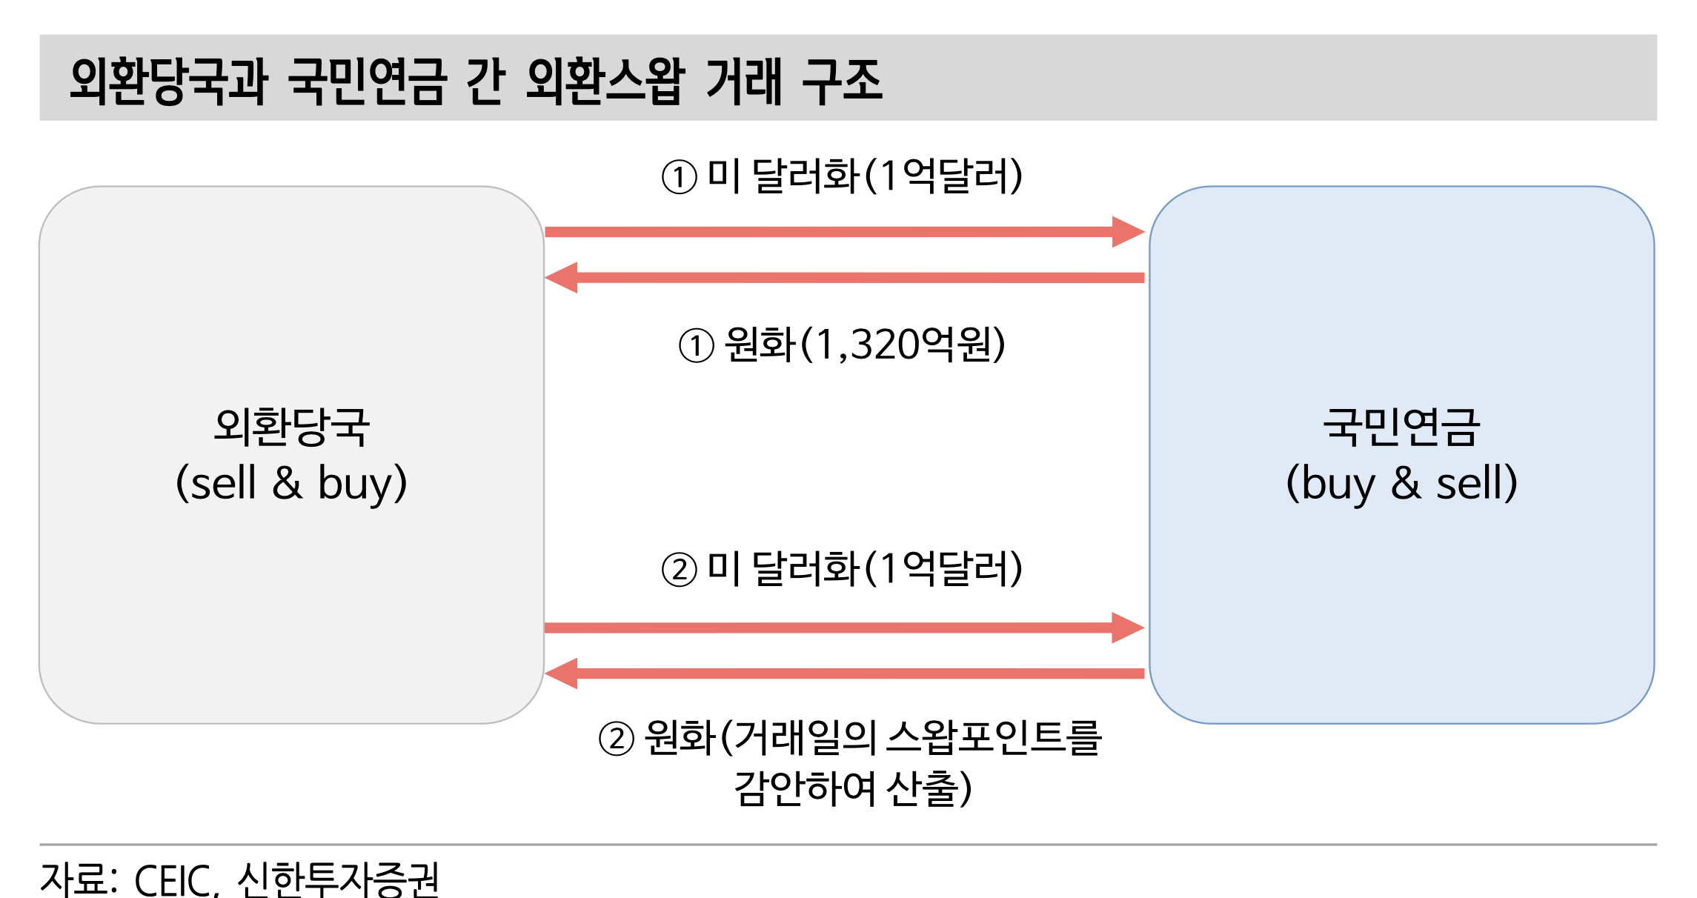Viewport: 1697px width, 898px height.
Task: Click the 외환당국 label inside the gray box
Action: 292,427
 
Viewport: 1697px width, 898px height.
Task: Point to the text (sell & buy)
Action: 292,483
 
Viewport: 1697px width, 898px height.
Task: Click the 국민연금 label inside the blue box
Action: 1401,427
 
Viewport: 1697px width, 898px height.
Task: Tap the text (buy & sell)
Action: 1401,483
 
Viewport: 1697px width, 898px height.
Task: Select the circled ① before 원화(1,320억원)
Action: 697,346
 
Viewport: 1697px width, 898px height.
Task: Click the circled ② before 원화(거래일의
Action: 617,739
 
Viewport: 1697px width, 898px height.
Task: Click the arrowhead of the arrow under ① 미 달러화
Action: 1128,232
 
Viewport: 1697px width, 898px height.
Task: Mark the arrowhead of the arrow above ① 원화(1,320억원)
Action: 562,278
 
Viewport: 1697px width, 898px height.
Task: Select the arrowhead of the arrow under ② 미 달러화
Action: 1128,628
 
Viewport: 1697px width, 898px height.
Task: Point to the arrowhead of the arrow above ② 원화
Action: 562,673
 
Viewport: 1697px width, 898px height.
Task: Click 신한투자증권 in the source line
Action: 338,880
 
